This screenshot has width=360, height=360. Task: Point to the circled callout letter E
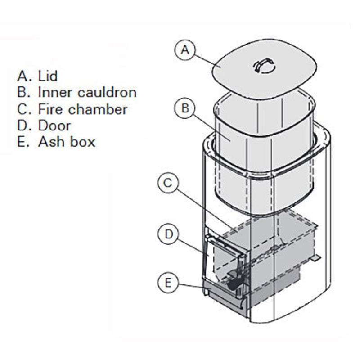point(168,283)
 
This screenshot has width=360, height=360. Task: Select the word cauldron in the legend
point(107,93)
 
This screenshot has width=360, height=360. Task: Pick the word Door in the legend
point(54,126)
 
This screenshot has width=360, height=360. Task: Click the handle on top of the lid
point(264,65)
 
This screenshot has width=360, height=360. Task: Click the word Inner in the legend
point(55,93)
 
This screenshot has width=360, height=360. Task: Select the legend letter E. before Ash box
point(23,142)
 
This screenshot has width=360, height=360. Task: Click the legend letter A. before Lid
point(23,76)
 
